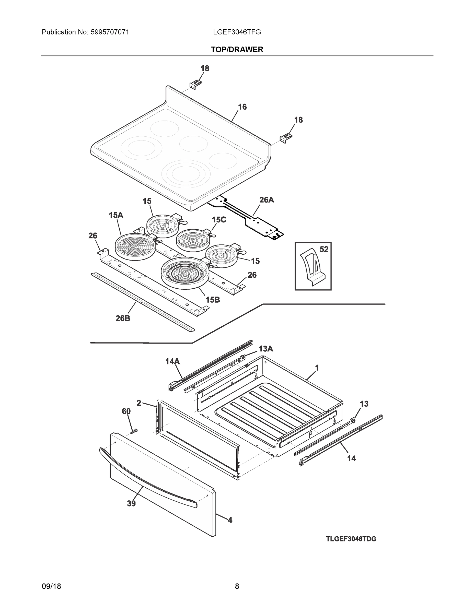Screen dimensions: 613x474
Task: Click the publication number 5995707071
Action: coord(110,32)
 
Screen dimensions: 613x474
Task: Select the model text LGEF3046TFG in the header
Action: coord(237,32)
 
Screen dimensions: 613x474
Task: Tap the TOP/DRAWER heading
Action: coord(237,50)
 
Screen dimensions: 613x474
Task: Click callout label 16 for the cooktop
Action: coord(242,107)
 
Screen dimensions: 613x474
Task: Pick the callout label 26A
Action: coord(266,200)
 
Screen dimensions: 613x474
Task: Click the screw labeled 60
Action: coord(134,430)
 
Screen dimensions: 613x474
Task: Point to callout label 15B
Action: coord(213,300)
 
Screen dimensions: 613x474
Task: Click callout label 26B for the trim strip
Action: coord(123,318)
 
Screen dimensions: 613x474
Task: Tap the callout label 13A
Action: coord(265,349)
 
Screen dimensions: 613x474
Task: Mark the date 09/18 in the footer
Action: coord(51,586)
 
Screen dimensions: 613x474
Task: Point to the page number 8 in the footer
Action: coord(237,586)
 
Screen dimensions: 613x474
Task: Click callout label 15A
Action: coord(116,215)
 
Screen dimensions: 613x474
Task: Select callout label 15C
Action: coord(219,220)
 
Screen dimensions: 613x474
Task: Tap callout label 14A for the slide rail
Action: coord(172,361)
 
